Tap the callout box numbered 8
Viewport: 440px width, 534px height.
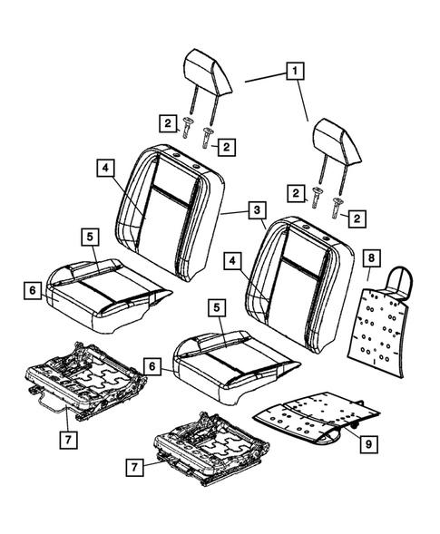[x=371, y=257]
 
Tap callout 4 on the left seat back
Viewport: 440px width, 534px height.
[x=106, y=168]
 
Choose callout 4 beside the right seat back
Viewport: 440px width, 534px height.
[x=234, y=261]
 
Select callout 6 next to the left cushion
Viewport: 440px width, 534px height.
[x=34, y=290]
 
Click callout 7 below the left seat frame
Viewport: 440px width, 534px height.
[x=67, y=440]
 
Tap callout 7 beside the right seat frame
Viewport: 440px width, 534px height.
[x=133, y=469]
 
